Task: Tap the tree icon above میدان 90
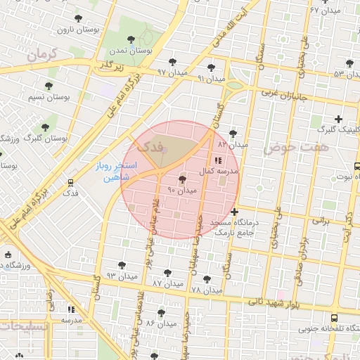tap(183, 180)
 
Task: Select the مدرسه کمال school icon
tap(216, 160)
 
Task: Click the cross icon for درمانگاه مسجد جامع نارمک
tap(234, 212)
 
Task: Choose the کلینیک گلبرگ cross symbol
tap(339, 119)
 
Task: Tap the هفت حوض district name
tap(286, 148)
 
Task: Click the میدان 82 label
tap(233, 143)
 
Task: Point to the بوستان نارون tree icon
tap(76, 19)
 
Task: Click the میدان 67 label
tap(324, 11)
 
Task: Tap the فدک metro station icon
tap(70, 181)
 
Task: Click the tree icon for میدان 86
tap(161, 313)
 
